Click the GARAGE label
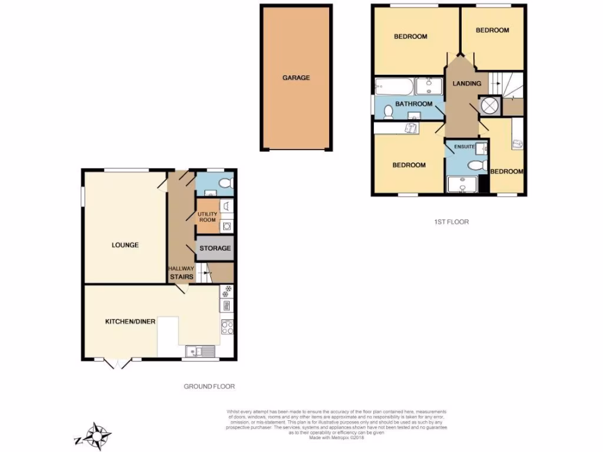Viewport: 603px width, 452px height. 296,78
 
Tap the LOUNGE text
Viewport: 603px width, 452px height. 125,245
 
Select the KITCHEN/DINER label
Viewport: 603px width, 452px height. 130,321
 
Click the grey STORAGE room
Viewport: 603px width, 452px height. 215,248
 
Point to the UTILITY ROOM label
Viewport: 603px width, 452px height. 207,217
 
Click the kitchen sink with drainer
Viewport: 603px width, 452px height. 200,351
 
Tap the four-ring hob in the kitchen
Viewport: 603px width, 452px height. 227,326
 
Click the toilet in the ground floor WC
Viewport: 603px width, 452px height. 224,184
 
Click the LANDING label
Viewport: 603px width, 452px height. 467,84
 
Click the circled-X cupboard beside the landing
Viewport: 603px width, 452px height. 489,105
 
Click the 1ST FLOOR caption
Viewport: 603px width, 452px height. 452,222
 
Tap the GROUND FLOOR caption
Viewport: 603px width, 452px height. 209,387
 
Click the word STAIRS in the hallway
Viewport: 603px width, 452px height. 181,276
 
